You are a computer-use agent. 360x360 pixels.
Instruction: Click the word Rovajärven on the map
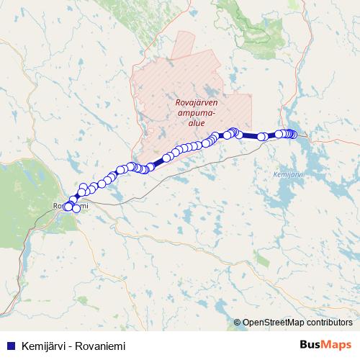coord(197,103)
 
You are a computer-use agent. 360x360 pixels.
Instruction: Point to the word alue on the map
coord(196,123)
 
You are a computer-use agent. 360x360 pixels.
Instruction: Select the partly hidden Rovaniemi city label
coord(71,207)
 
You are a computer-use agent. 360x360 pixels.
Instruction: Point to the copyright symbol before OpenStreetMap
coord(238,323)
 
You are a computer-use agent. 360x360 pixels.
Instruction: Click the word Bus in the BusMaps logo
coord(311,344)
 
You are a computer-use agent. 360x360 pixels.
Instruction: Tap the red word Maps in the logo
coord(338,344)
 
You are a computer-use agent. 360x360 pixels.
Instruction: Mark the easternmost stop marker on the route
coord(293,134)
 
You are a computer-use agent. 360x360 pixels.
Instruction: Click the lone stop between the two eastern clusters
coord(263,136)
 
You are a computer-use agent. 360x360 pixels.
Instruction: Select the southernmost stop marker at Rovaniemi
coord(76,209)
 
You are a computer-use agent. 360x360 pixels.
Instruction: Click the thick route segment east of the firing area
coord(249,135)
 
